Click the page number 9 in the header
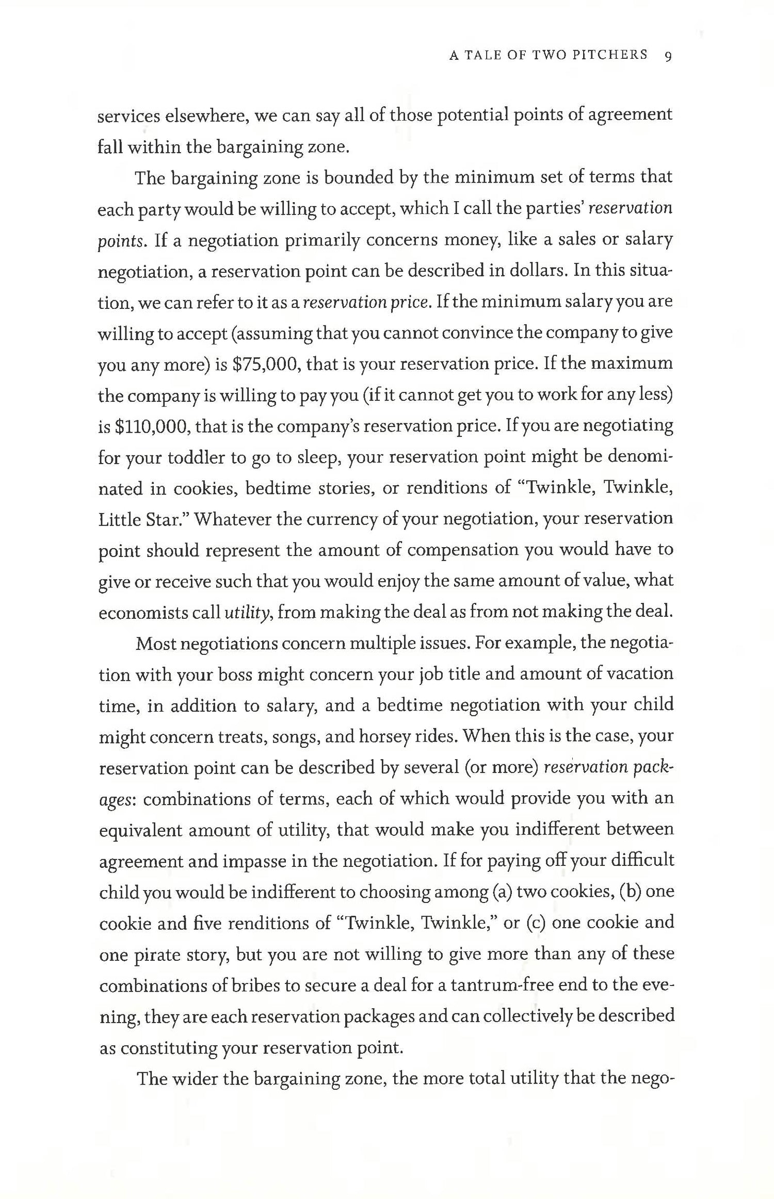point(668,56)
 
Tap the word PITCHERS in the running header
point(610,55)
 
